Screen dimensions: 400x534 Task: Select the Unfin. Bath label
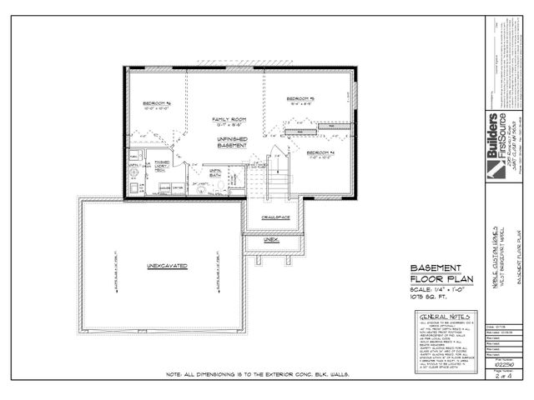[215, 172]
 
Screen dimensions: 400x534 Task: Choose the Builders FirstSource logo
[499, 137]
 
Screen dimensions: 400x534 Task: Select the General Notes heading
[443, 318]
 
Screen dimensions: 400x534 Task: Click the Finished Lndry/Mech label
[164, 166]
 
